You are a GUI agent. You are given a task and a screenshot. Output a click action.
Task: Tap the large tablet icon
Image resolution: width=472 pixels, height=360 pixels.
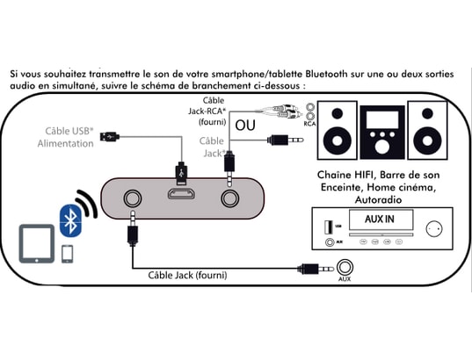pyautogui.click(x=37, y=244)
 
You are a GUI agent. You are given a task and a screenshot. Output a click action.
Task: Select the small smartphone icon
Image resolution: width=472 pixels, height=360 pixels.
pyautogui.click(x=68, y=254)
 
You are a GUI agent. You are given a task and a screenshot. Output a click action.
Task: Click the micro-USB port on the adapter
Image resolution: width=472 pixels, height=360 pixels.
pyautogui.click(x=181, y=194)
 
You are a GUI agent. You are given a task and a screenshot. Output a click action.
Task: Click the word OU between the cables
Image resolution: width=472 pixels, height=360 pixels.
pyautogui.click(x=245, y=125)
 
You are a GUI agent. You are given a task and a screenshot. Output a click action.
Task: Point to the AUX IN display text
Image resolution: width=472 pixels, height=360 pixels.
pyautogui.click(x=380, y=219)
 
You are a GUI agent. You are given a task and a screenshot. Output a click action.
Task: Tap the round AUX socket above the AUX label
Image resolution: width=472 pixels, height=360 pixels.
pyautogui.click(x=345, y=267)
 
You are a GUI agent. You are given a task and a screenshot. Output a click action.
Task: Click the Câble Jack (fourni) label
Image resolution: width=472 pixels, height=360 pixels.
pyautogui.click(x=187, y=275)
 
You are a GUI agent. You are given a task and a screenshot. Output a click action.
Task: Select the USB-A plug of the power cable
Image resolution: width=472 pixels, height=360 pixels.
pyautogui.click(x=110, y=136)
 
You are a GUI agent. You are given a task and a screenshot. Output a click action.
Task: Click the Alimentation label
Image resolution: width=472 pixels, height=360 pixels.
pyautogui.click(x=65, y=143)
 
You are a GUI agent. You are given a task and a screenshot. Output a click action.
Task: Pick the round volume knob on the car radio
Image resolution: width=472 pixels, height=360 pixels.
pyautogui.click(x=434, y=228)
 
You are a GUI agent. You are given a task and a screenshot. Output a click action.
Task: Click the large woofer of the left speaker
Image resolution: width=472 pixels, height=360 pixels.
pyautogui.click(x=338, y=140)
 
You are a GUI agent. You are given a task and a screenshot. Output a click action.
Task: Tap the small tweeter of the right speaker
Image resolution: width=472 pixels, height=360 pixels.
pyautogui.click(x=427, y=113)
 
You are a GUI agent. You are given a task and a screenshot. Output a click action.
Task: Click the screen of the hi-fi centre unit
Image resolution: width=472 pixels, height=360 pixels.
pyautogui.click(x=382, y=119)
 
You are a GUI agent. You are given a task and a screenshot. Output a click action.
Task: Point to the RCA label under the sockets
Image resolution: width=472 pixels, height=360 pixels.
pyautogui.click(x=309, y=124)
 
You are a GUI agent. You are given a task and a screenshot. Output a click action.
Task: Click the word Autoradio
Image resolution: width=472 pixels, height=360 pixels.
pyautogui.click(x=378, y=199)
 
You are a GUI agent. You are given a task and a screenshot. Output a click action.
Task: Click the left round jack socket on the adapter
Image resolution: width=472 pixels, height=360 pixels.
pyautogui.click(x=133, y=198)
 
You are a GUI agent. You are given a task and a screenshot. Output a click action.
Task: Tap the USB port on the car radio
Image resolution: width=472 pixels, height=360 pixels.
pyautogui.click(x=328, y=227)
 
